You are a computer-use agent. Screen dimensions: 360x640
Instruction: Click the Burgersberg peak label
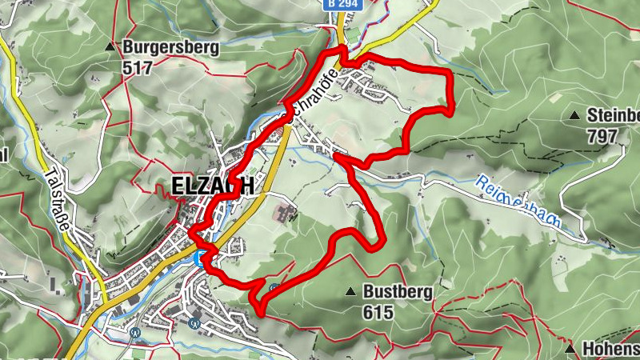point(171,47)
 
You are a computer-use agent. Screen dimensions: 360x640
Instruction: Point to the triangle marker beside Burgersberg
point(110,47)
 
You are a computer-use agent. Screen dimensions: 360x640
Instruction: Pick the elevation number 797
point(602,135)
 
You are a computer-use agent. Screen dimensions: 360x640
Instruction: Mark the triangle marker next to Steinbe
point(574,116)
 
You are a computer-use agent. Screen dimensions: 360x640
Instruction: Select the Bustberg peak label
point(398,292)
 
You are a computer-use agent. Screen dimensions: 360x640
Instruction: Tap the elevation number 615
point(378,312)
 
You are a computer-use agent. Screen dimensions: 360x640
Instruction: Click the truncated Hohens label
point(610,350)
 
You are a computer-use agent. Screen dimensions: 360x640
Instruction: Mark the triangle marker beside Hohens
point(569,350)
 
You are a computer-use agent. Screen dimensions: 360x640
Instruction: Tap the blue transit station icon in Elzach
point(200,257)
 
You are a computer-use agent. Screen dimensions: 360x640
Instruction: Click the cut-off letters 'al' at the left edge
point(4,154)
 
